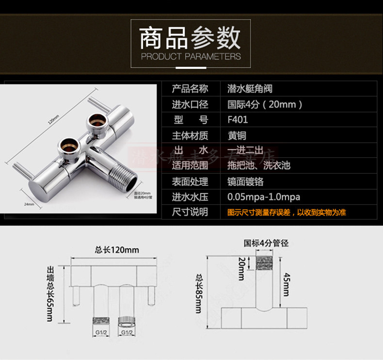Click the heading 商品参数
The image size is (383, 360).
point(190,38)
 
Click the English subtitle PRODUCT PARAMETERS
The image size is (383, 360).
point(191,56)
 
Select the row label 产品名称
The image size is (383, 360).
point(190,89)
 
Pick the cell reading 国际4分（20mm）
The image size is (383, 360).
point(265,104)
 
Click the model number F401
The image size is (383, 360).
point(238,119)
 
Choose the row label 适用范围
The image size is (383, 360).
point(190,165)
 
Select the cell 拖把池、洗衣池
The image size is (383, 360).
point(259,165)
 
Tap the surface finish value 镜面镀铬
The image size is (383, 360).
point(245,181)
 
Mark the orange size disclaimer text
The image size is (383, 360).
point(287,212)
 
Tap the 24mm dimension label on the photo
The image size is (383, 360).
point(29,204)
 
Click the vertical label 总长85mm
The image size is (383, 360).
point(199,293)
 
